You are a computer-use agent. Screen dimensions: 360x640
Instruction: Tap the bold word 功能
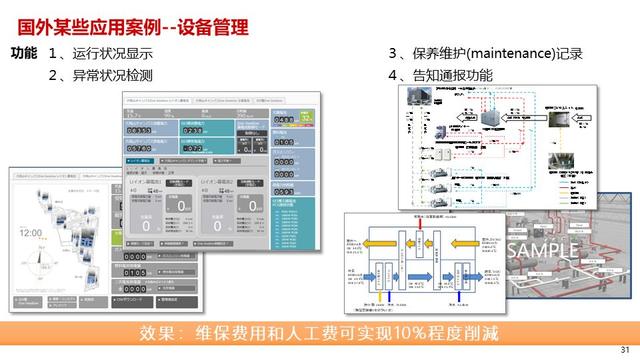[23, 53]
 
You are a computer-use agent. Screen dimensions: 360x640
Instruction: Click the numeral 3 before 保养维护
[394, 54]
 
